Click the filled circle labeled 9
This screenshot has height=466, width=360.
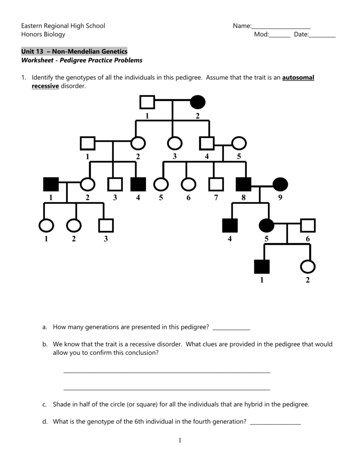click(280, 184)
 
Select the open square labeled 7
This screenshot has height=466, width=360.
click(216, 184)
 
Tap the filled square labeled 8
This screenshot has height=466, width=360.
click(243, 184)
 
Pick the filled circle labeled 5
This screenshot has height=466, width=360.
click(266, 225)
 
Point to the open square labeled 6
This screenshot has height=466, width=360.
click(308, 225)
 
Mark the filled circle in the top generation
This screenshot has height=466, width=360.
click(198, 102)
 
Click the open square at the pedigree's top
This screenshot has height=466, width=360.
click(147, 102)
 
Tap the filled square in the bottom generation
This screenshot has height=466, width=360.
click(262, 266)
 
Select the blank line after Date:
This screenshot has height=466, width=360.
click(322, 35)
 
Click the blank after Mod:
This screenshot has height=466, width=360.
click(279, 35)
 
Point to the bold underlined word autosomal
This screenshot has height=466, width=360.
click(298, 78)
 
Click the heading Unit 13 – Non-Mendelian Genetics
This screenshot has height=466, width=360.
click(74, 51)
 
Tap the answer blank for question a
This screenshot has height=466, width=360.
click(231, 328)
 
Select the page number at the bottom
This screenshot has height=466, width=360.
click(180, 440)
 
